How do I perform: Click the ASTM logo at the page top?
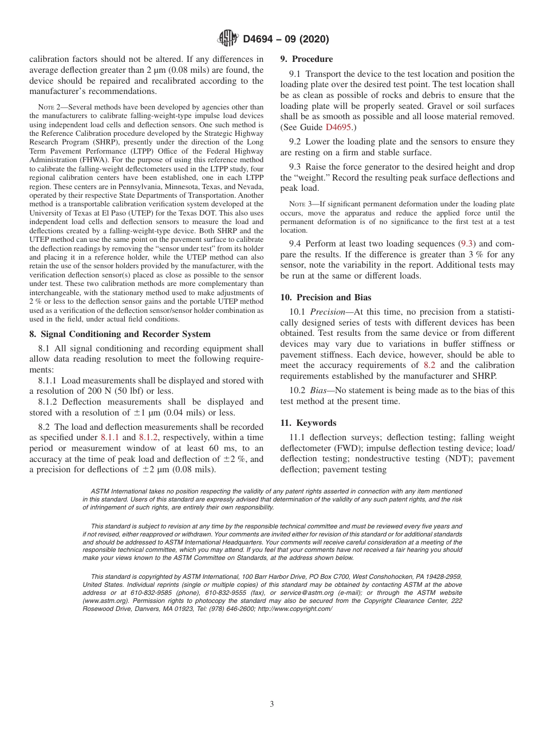click(228, 39)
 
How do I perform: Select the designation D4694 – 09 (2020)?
click(286, 40)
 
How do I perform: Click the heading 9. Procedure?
click(306, 59)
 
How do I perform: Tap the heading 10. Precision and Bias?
click(325, 297)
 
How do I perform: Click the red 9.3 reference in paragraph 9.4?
click(467, 244)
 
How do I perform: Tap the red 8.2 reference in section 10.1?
click(429, 365)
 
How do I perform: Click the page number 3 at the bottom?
click(272, 704)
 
